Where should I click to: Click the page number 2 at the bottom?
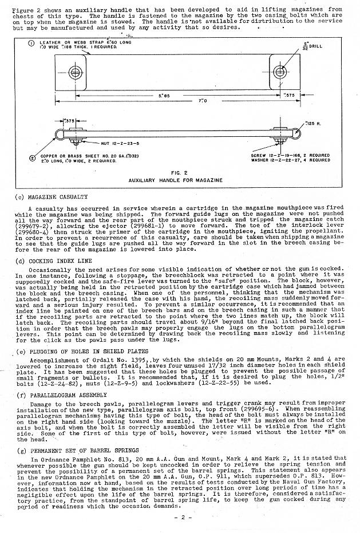180,518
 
